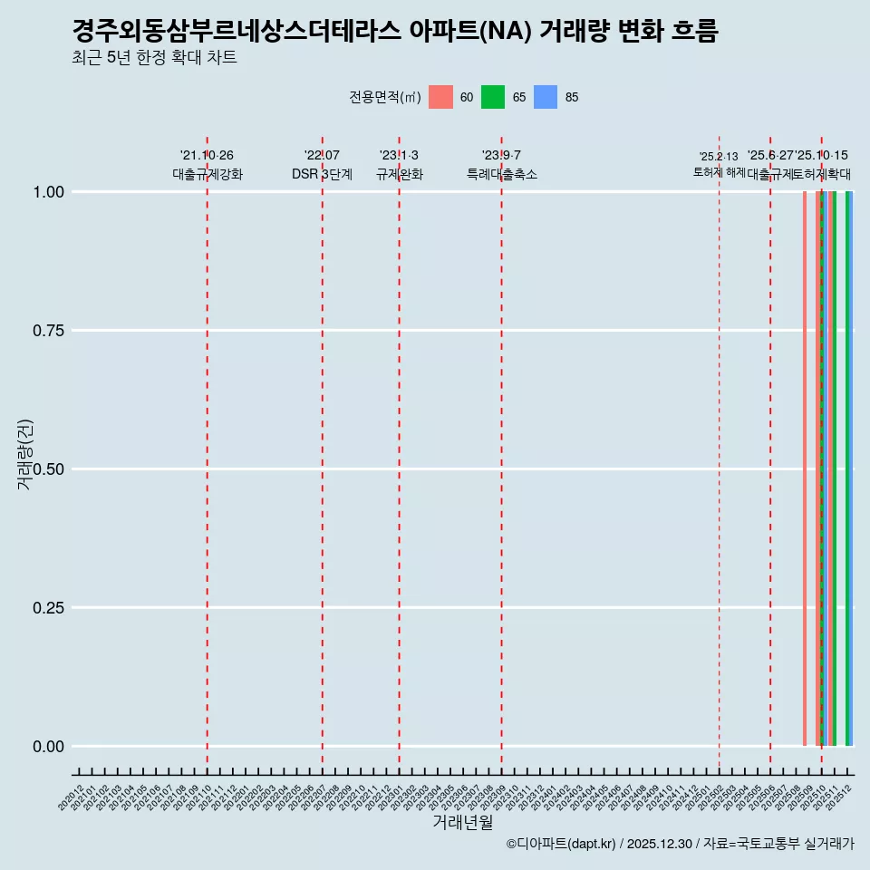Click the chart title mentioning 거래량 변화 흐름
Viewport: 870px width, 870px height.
tap(394, 32)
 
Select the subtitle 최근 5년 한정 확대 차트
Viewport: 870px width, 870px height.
tap(154, 58)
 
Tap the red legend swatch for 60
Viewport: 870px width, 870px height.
tap(440, 97)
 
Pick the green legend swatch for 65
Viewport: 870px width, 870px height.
tap(493, 97)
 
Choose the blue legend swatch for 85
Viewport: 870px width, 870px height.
tap(546, 97)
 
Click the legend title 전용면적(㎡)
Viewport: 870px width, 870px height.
tap(385, 97)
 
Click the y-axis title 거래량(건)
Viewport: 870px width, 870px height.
tap(24, 455)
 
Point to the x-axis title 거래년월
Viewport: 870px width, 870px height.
tap(462, 822)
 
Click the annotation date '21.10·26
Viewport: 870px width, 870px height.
tap(207, 156)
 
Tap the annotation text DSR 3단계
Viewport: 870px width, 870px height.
tap(322, 174)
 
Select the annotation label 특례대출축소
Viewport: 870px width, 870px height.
tap(501, 174)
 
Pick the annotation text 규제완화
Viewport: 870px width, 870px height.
tap(399, 174)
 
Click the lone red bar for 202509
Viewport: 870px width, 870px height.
tap(805, 469)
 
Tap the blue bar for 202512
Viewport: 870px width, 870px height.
tap(852, 469)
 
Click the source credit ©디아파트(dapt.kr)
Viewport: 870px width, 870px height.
tap(562, 844)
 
